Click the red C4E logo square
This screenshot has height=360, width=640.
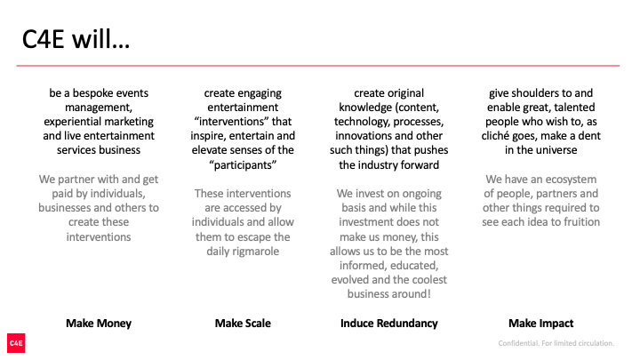tap(16, 343)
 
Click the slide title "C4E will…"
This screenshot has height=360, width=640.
tap(76, 40)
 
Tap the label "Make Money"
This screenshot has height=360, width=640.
tap(99, 324)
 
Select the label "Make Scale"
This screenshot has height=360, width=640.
tap(243, 324)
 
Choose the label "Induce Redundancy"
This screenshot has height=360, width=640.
tap(389, 324)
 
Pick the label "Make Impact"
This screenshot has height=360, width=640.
tap(540, 324)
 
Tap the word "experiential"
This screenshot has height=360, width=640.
tap(69, 122)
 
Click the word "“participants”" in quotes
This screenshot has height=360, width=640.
tap(243, 165)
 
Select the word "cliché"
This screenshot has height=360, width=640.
tap(494, 136)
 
